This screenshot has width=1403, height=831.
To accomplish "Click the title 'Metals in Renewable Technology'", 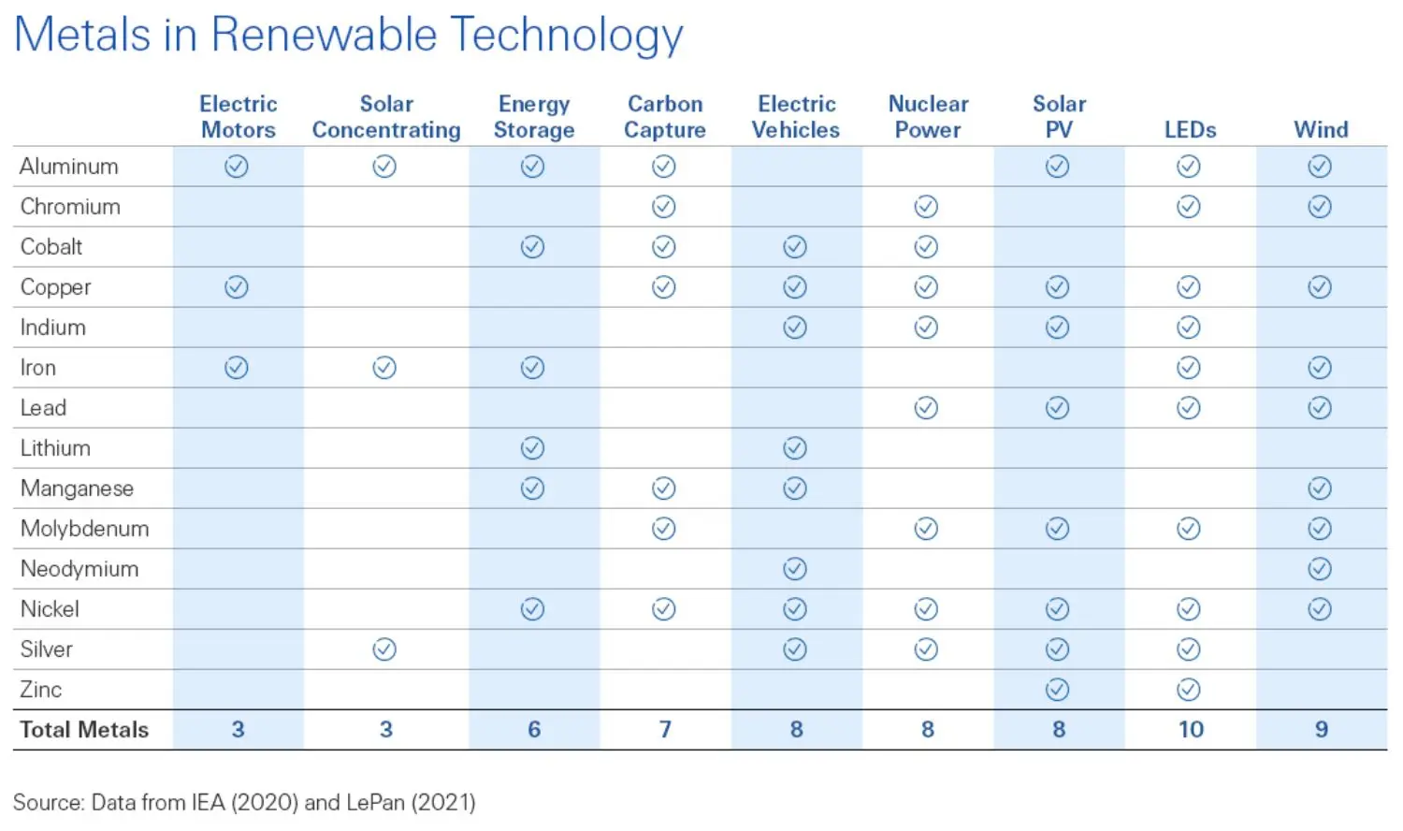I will click(x=348, y=36).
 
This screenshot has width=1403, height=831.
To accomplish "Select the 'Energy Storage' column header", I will click(x=533, y=117).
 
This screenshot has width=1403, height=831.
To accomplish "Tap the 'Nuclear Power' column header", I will click(x=927, y=117).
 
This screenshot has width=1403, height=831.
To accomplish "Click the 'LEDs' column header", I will click(x=1189, y=130).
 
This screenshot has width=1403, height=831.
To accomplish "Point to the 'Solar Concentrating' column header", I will click(x=386, y=117).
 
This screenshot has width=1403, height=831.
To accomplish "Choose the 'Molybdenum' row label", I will click(x=84, y=529).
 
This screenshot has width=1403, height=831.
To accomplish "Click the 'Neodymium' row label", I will click(x=80, y=569).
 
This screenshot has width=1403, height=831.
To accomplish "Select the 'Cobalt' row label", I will click(x=51, y=247).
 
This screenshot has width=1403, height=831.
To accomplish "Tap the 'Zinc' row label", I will click(x=41, y=690).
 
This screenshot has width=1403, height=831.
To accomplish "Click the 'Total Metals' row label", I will click(x=84, y=730).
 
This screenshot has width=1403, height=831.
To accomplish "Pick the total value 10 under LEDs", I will click(x=1190, y=730).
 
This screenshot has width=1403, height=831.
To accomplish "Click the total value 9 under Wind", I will click(x=1321, y=730).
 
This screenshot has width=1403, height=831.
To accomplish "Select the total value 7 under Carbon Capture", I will click(x=665, y=730).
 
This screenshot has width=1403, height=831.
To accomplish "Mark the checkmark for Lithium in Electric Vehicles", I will click(x=795, y=448).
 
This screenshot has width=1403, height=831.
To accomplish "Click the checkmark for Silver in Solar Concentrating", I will click(x=384, y=649).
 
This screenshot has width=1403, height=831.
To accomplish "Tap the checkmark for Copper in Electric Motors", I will click(x=237, y=287).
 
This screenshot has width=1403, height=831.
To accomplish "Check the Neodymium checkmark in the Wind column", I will click(x=1320, y=569).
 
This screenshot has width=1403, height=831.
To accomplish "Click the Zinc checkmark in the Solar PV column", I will click(x=1057, y=690).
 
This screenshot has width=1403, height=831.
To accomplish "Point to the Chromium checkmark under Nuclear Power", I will click(x=926, y=207).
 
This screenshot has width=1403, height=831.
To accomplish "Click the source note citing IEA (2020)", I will click(x=244, y=803).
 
